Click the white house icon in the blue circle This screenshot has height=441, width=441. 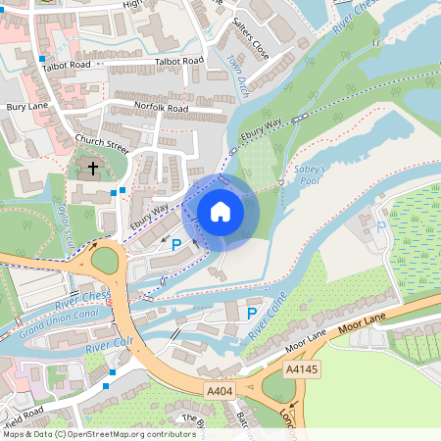tap(220, 211)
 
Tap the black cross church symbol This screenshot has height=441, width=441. tap(93, 169)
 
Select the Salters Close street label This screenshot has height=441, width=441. tap(251, 44)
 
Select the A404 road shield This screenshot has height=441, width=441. tap(220, 391)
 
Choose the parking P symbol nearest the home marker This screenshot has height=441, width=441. tap(176, 245)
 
